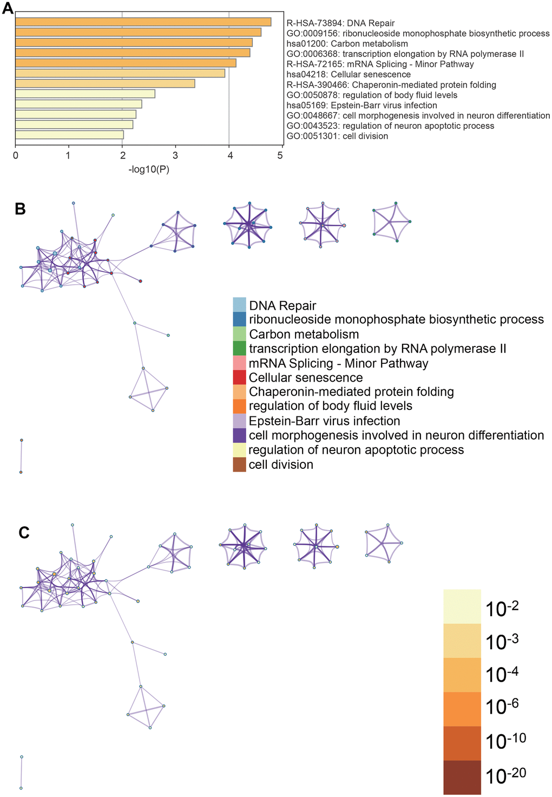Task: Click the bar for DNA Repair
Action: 143,22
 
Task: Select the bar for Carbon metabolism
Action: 134,42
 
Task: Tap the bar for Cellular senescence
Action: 120,73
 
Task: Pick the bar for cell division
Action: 69,135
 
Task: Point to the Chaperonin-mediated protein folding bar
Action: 105,83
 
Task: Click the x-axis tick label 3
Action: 175,156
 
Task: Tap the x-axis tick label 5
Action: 280,156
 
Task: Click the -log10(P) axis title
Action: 149,169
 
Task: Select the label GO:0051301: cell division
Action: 337,136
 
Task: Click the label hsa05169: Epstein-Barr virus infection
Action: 362,105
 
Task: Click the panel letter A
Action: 8,9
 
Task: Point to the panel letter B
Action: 21,209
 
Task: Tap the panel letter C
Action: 24,533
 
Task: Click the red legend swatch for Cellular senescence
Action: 239,377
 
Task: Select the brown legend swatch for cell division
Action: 239,465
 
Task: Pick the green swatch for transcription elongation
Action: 239,349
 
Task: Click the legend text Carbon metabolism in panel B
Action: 304,334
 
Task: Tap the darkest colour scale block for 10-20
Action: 462,777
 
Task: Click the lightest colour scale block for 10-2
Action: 462,606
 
